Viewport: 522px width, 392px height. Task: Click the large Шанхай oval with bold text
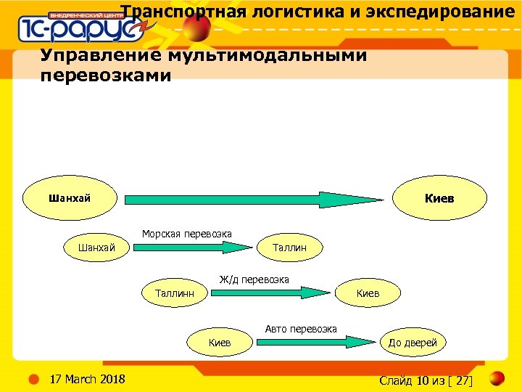click(x=70, y=197)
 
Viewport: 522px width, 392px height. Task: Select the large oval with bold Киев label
click(x=439, y=197)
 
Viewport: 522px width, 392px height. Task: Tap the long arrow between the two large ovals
click(x=254, y=199)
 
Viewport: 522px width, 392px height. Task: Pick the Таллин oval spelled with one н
click(x=289, y=248)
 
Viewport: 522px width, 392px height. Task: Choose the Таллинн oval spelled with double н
click(x=175, y=293)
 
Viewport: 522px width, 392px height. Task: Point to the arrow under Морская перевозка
click(x=192, y=248)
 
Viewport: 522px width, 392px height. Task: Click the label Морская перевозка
click(x=187, y=234)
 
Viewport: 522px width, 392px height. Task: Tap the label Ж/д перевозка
click(x=254, y=279)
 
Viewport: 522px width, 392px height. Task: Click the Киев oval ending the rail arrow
click(x=368, y=293)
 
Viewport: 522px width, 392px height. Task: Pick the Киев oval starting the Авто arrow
click(x=220, y=342)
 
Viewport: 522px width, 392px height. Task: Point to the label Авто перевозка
click(x=301, y=329)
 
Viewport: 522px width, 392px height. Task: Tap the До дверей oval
click(x=413, y=342)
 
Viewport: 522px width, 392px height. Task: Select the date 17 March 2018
click(x=86, y=379)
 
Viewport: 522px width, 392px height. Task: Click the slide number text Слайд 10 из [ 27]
click(x=426, y=380)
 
